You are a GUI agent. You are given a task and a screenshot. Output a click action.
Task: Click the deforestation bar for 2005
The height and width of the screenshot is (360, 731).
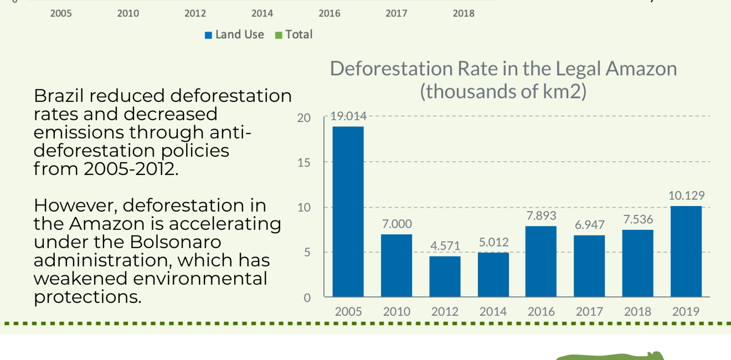pyautogui.click(x=348, y=212)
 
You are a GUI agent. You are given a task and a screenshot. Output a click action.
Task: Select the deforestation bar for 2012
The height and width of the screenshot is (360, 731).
pyautogui.click(x=445, y=276)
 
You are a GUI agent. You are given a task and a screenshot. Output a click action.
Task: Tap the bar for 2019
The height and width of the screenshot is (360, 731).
pyautogui.click(x=686, y=251)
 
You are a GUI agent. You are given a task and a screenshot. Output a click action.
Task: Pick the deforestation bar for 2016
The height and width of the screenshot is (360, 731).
pyautogui.click(x=541, y=261)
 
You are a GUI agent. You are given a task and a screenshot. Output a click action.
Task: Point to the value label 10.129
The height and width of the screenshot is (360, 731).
pyautogui.click(x=686, y=196)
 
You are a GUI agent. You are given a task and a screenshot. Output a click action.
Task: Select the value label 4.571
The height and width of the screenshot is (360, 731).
pyautogui.click(x=445, y=246)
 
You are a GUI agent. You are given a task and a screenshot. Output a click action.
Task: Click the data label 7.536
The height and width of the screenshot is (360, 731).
pyautogui.click(x=637, y=219)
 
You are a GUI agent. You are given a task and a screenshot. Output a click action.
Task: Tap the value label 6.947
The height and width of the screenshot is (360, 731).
pyautogui.click(x=589, y=225)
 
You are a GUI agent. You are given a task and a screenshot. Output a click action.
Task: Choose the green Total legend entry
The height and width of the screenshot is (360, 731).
pyautogui.click(x=294, y=34)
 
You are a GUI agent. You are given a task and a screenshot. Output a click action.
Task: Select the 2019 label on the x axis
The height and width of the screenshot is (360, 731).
pyautogui.click(x=686, y=311)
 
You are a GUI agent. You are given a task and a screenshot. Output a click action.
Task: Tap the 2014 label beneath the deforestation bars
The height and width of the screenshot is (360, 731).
pyautogui.click(x=493, y=311)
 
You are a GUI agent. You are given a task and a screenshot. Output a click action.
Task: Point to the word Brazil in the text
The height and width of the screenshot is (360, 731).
pyautogui.click(x=58, y=96)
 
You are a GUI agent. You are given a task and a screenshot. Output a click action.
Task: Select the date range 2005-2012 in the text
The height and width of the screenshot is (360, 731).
pyautogui.click(x=130, y=169)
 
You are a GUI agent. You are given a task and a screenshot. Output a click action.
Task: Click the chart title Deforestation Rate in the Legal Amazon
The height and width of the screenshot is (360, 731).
pyautogui.click(x=503, y=69)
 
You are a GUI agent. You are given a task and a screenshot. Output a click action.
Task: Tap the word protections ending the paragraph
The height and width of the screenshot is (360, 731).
pyautogui.click(x=87, y=297)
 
